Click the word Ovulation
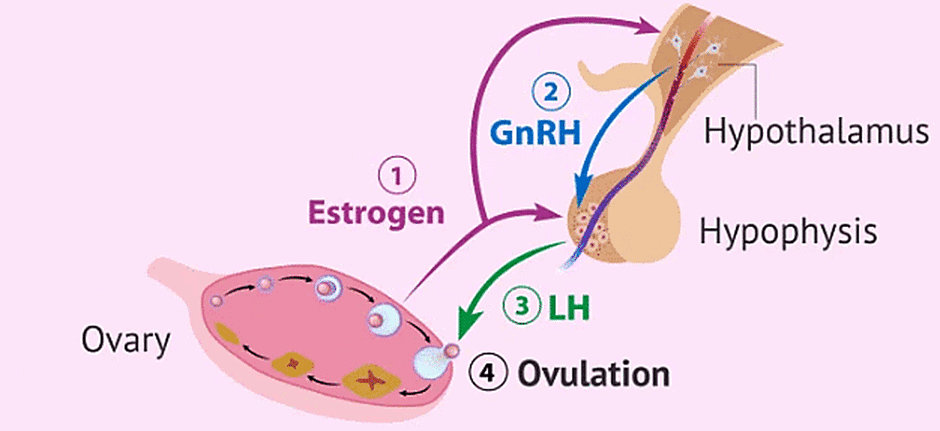click(x=592, y=376)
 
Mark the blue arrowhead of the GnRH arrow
click(x=577, y=188)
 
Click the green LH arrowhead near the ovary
click(x=463, y=333)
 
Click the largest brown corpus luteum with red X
click(x=370, y=379)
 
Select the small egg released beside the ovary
click(x=452, y=350)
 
